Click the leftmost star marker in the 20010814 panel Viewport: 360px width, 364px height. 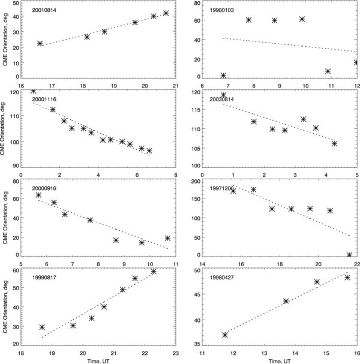(x=40, y=43)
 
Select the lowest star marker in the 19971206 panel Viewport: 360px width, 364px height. (x=349, y=255)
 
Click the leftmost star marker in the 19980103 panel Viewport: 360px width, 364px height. (x=223, y=76)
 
